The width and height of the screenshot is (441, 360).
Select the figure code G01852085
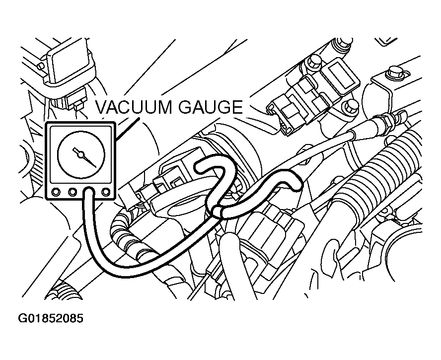pyautogui.click(x=51, y=318)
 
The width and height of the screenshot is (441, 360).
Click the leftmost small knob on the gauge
pyautogui.click(x=56, y=192)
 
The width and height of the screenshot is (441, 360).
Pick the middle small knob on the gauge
pyautogui.click(x=73, y=192)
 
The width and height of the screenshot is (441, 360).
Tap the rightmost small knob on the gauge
pyautogui.click(x=105, y=192)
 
